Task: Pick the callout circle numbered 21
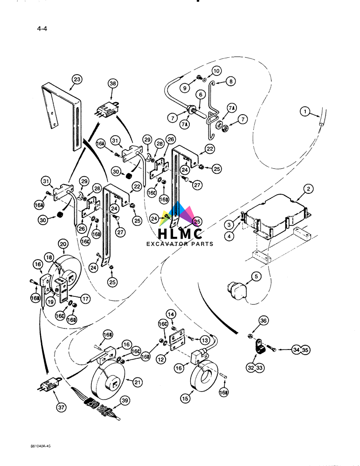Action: click(137, 382)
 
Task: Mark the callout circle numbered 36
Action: click(264, 321)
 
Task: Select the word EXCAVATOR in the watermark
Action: click(167, 244)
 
